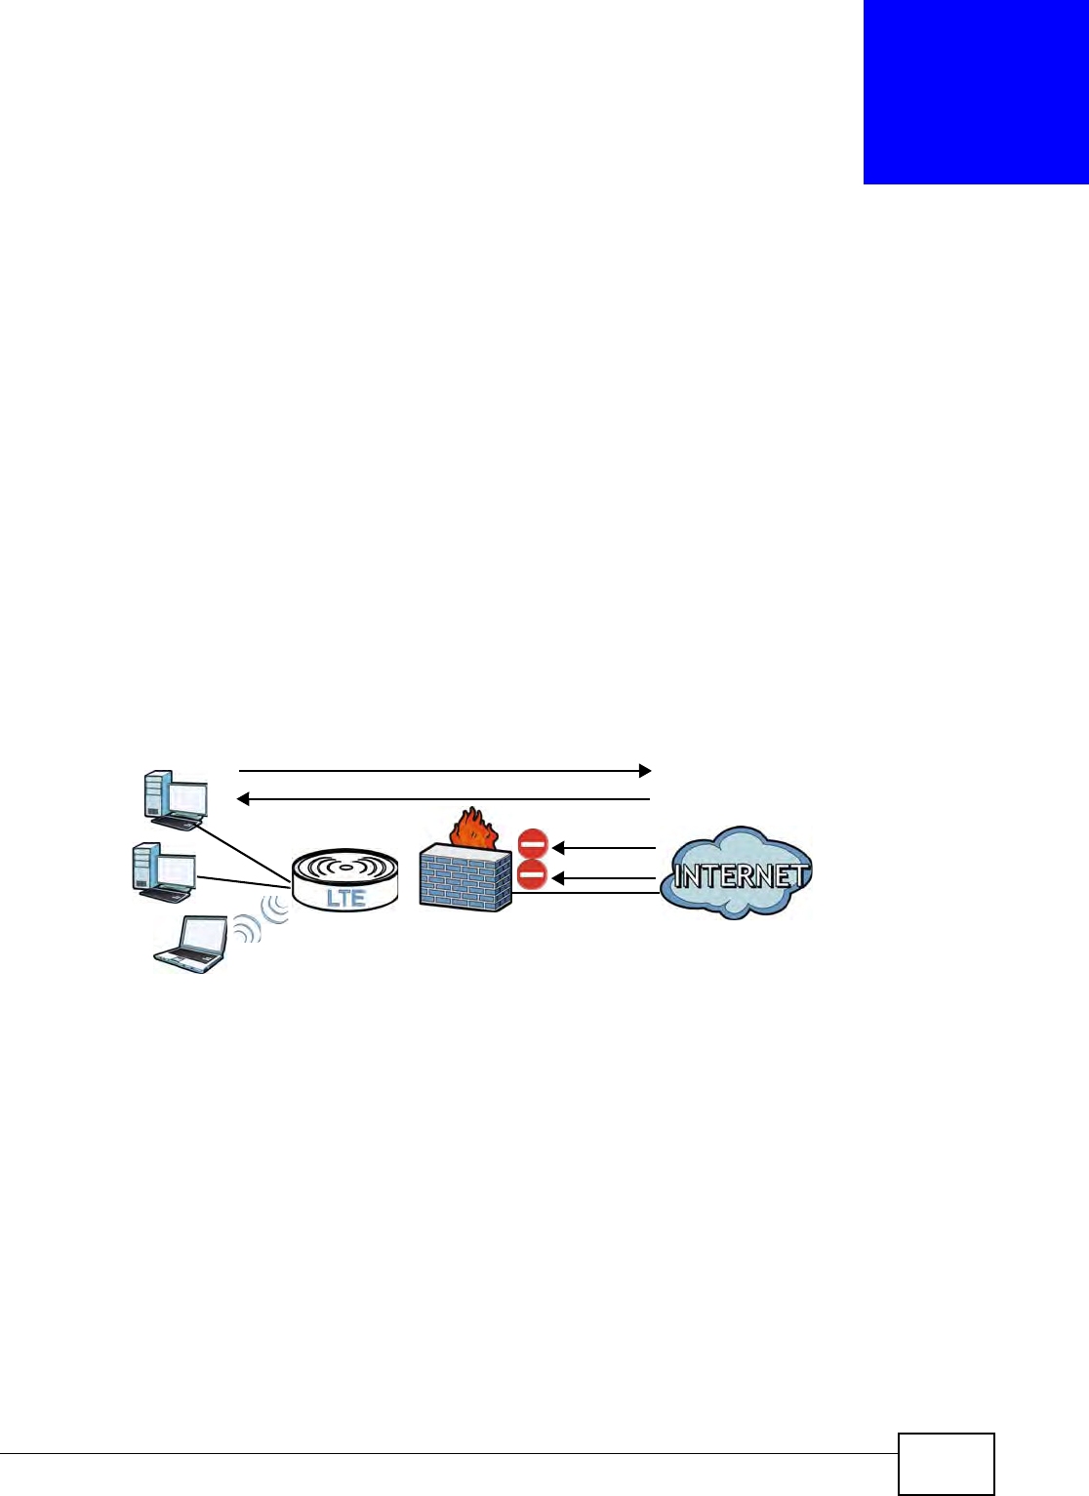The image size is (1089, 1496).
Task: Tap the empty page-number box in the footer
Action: point(946,1463)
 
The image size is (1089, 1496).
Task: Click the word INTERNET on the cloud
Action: point(741,875)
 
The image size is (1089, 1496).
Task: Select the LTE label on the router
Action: point(345,898)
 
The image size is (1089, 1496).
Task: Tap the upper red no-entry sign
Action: point(533,844)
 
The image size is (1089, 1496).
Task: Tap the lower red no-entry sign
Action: point(532,875)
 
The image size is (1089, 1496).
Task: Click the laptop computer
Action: point(192,943)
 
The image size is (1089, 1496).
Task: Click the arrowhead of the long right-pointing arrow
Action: point(644,771)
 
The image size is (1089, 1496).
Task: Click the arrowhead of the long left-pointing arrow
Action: point(245,799)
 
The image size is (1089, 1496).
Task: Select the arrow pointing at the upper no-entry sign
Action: point(605,848)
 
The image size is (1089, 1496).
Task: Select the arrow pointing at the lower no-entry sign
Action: point(605,879)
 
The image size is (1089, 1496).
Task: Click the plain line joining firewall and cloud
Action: point(586,893)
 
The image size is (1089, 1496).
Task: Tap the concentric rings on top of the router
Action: point(344,866)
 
